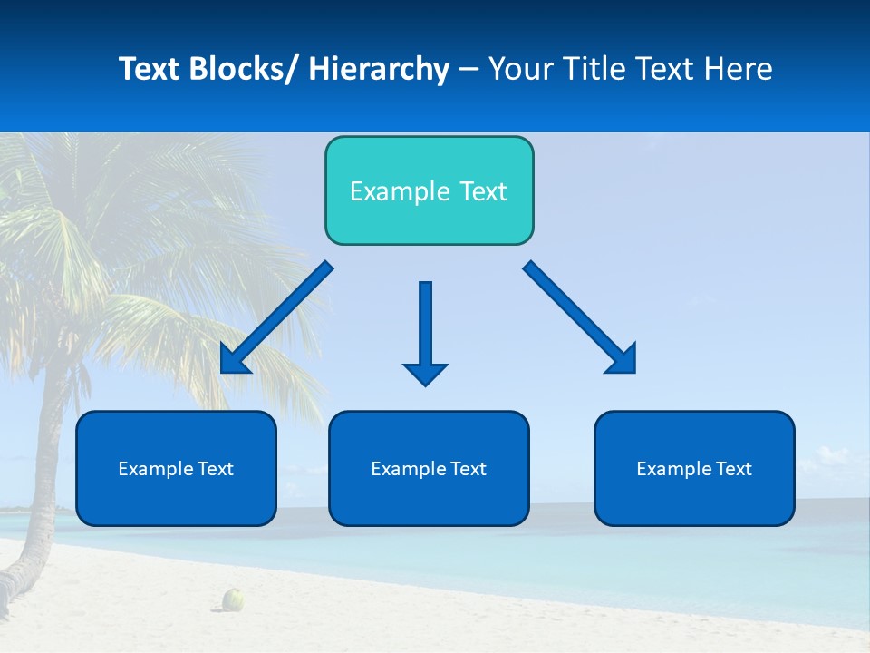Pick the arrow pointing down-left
pos(276,317)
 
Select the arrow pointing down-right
pos(580,317)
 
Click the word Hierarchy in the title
pos(379,69)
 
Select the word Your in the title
pos(519,69)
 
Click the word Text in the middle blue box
pos(467,469)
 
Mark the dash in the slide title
pos(469,70)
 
